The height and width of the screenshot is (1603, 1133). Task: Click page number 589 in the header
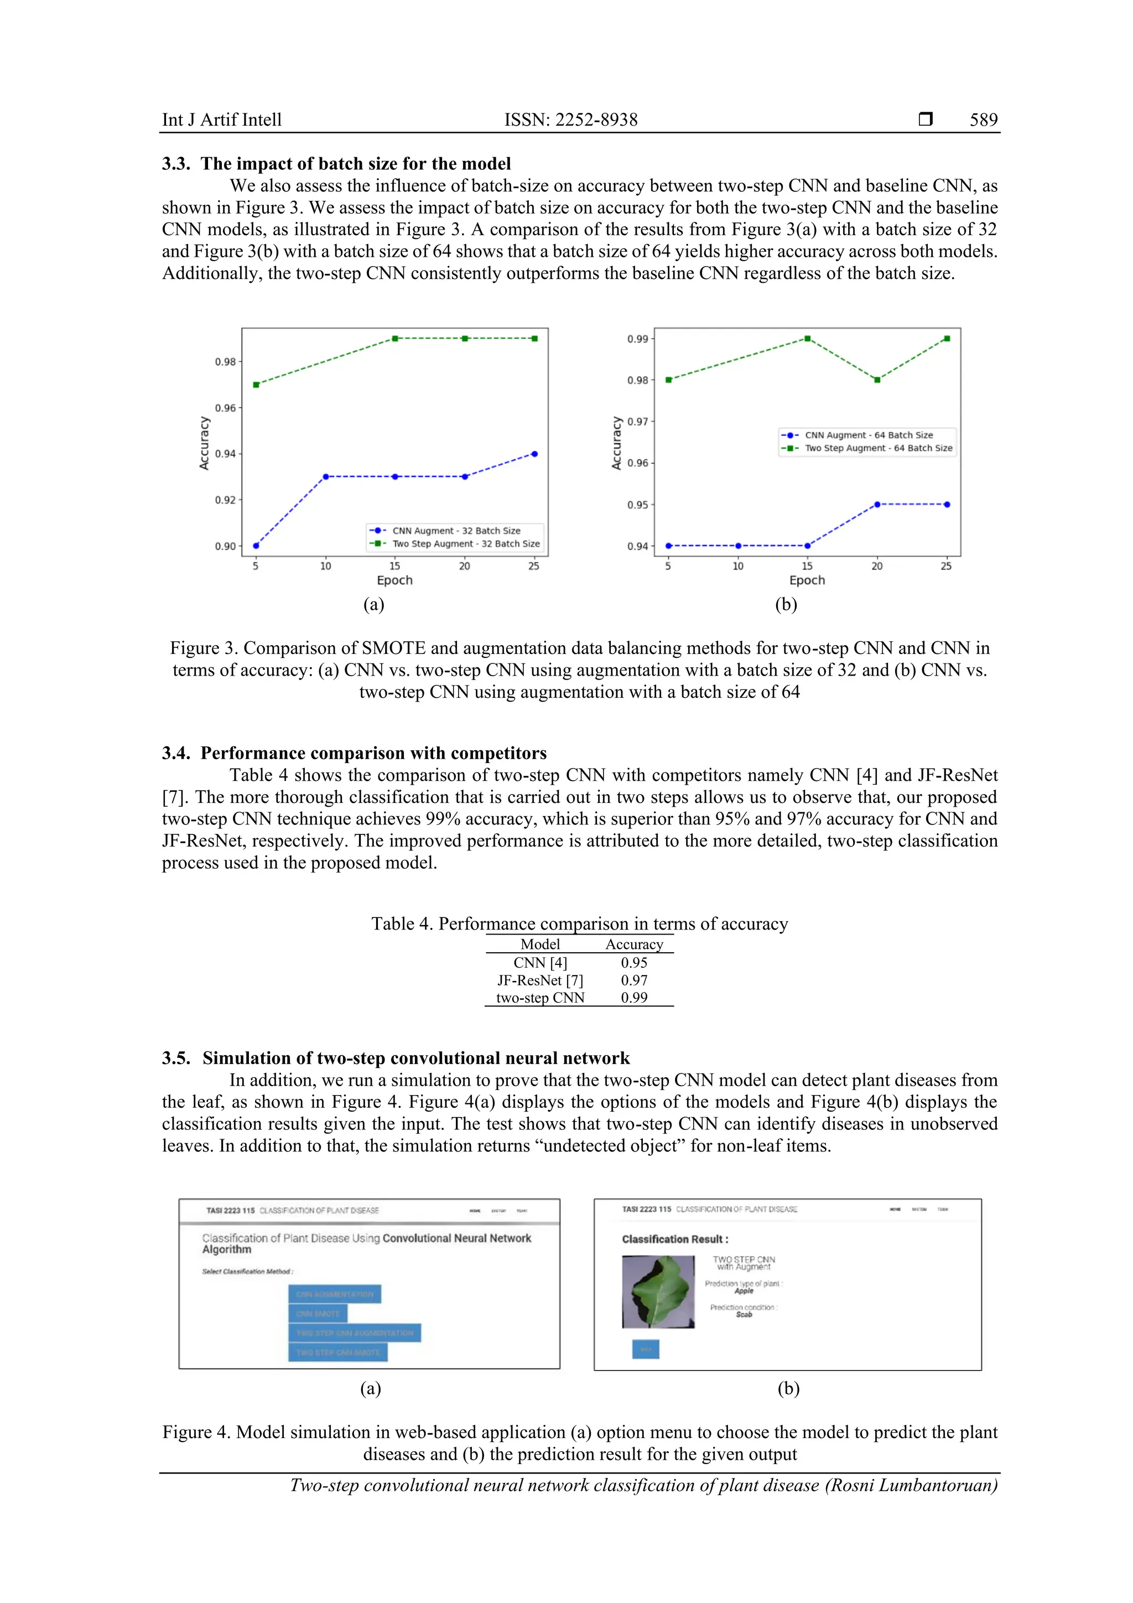[983, 120]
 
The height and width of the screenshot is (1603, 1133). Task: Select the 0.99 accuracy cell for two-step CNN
[634, 998]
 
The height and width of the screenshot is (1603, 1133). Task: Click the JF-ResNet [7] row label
[539, 981]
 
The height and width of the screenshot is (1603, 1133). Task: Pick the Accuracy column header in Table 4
[634, 945]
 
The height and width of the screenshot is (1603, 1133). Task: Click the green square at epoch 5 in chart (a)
[256, 385]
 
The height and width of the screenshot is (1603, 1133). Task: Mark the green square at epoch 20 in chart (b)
[877, 380]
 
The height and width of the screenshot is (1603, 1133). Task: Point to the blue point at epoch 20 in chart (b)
[877, 504]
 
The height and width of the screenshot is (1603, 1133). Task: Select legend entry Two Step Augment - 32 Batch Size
[466, 544]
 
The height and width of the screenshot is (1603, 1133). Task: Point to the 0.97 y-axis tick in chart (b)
[637, 422]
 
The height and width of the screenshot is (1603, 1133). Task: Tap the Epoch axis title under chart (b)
[807, 580]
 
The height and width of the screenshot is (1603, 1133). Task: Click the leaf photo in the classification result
[658, 1291]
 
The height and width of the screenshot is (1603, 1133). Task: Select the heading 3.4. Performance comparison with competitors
[354, 753]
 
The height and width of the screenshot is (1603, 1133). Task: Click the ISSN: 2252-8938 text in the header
[571, 120]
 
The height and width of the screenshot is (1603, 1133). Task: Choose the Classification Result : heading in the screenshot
[675, 1239]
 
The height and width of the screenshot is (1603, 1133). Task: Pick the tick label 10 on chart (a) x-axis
[325, 566]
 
